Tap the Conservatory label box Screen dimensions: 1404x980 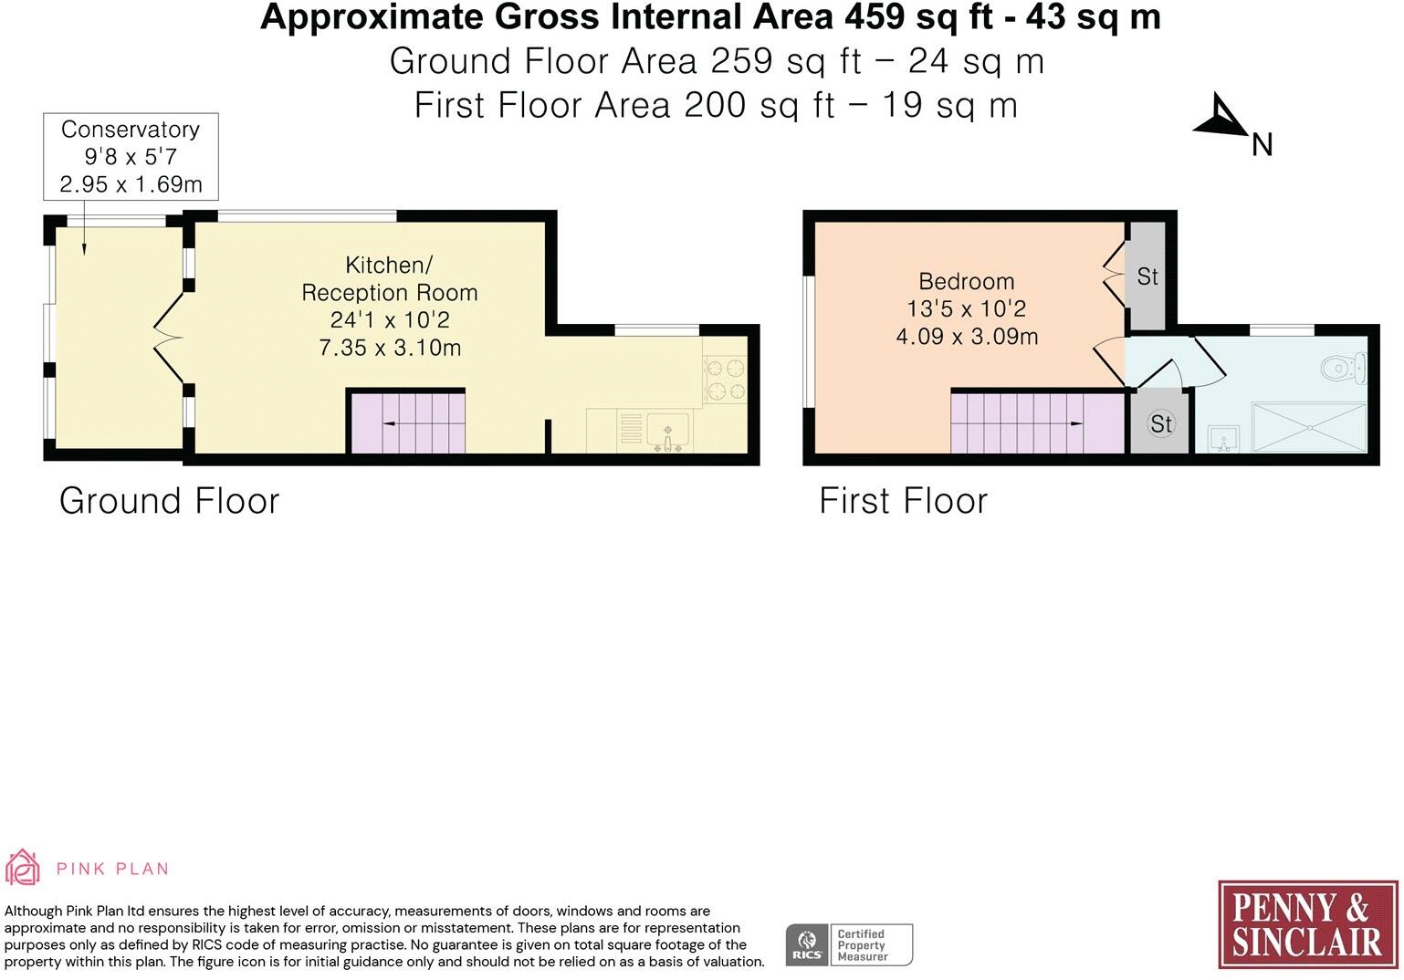(x=131, y=157)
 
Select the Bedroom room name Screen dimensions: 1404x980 (x=967, y=281)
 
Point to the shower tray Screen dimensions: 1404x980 (x=1309, y=427)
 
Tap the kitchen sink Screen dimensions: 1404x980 (x=668, y=432)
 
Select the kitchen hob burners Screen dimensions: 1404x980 (x=726, y=380)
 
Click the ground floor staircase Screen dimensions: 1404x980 (x=407, y=423)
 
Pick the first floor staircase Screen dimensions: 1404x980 (x=1038, y=423)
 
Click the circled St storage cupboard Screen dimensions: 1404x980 (x=1161, y=423)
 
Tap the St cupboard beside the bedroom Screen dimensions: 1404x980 (x=1147, y=276)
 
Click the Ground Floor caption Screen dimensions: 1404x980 (x=169, y=501)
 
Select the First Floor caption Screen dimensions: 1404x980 (x=903, y=501)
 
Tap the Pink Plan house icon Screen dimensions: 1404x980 (x=22, y=867)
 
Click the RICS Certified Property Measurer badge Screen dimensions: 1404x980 (x=849, y=944)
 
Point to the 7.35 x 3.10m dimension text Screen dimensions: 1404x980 (x=390, y=348)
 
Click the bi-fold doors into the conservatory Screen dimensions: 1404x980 (x=169, y=339)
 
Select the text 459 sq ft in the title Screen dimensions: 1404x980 (x=917, y=17)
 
